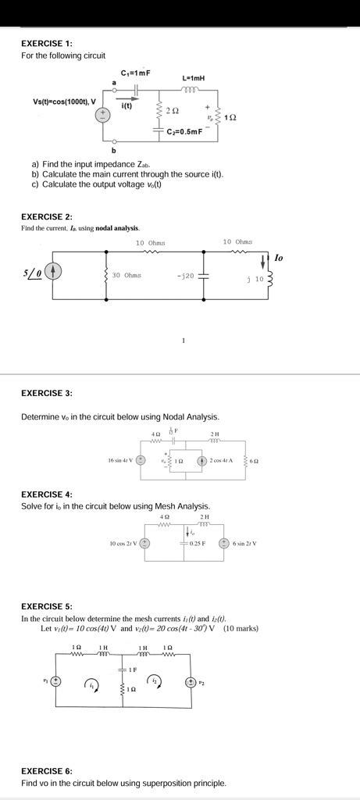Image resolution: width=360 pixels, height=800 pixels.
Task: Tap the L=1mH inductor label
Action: click(193, 78)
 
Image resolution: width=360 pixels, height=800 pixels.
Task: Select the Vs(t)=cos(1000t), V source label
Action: click(64, 102)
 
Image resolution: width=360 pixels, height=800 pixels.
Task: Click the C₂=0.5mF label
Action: click(184, 131)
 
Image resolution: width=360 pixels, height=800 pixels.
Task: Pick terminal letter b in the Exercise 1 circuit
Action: click(113, 149)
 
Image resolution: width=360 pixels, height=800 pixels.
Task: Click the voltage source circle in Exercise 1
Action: click(102, 116)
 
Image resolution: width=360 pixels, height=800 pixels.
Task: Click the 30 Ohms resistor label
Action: click(127, 275)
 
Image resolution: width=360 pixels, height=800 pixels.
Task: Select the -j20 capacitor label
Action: click(186, 275)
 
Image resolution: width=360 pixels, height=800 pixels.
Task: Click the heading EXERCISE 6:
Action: click(46, 770)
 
